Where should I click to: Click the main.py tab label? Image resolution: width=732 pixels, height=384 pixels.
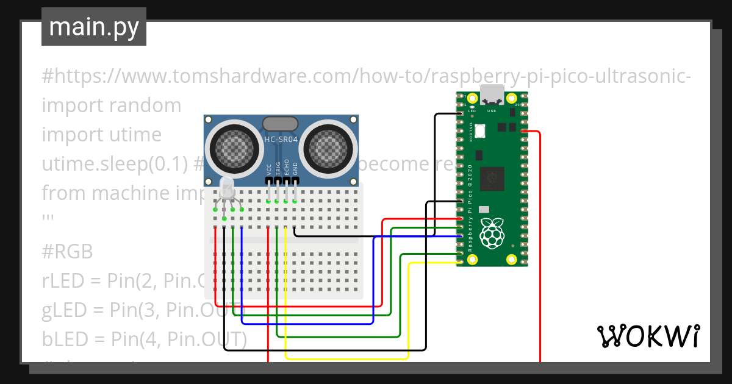coord(93,27)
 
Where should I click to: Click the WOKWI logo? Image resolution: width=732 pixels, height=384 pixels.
coord(647,336)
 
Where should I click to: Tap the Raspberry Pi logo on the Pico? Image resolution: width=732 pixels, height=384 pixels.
coord(492,235)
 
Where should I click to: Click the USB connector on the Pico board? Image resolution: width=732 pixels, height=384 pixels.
coord(492,95)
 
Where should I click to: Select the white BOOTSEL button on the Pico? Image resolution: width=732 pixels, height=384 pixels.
coord(479,130)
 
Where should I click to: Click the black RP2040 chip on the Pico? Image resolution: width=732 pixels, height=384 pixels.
coord(492,178)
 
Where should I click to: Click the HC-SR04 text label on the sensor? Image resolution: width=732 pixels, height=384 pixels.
coord(281,140)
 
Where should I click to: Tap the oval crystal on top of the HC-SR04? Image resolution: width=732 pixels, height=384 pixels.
coord(280,124)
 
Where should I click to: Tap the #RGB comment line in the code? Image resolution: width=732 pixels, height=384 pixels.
coord(67,252)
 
